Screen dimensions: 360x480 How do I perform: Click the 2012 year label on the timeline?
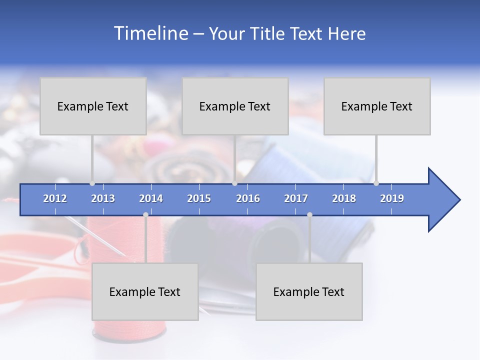(x=55, y=198)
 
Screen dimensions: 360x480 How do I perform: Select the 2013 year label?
(x=103, y=198)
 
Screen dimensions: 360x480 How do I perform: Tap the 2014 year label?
(x=151, y=198)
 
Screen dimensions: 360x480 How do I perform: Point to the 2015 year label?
(x=199, y=198)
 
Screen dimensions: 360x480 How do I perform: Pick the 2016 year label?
(x=248, y=198)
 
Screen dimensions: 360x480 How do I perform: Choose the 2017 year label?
(x=296, y=198)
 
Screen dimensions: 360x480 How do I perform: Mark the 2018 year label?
(x=344, y=198)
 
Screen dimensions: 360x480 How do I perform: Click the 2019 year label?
(x=392, y=198)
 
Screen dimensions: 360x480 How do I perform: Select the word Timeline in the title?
(x=150, y=33)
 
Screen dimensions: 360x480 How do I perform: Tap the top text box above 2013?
(x=93, y=106)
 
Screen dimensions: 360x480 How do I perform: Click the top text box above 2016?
(x=235, y=106)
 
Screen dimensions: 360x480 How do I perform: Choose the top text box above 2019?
(x=377, y=106)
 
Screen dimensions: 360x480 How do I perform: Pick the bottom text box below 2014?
(x=145, y=291)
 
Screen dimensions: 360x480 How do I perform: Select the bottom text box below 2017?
(x=309, y=291)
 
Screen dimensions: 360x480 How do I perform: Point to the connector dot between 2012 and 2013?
(x=92, y=183)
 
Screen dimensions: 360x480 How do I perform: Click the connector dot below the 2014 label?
(x=145, y=215)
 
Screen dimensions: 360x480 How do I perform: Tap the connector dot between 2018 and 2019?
(x=376, y=183)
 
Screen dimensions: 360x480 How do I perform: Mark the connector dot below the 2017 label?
(x=309, y=215)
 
